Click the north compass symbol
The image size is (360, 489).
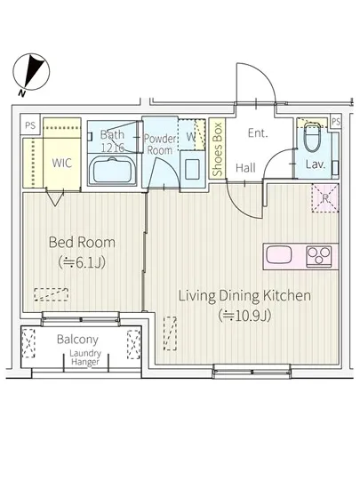click(x=31, y=72)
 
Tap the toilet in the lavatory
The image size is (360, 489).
click(x=313, y=136)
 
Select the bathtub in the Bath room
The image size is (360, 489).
click(x=113, y=171)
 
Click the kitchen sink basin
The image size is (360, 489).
click(x=279, y=255)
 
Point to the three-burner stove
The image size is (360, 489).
click(x=318, y=256)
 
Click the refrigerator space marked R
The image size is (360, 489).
click(x=325, y=198)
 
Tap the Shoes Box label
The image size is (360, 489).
click(x=217, y=149)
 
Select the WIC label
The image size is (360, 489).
click(x=61, y=163)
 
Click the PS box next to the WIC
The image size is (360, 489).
click(x=30, y=125)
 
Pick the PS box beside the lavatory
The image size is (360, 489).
click(x=335, y=121)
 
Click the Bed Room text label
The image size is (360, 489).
click(x=82, y=243)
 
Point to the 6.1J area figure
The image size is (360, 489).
click(x=82, y=262)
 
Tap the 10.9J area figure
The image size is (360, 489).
click(x=244, y=316)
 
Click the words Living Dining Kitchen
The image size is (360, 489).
click(x=244, y=295)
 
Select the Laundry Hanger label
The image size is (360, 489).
click(x=85, y=357)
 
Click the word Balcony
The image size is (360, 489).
click(x=77, y=340)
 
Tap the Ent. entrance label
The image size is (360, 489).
click(x=258, y=133)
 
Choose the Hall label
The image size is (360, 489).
click(x=245, y=168)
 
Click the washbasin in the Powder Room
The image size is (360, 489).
click(x=192, y=169)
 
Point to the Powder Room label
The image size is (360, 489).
click(x=160, y=144)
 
